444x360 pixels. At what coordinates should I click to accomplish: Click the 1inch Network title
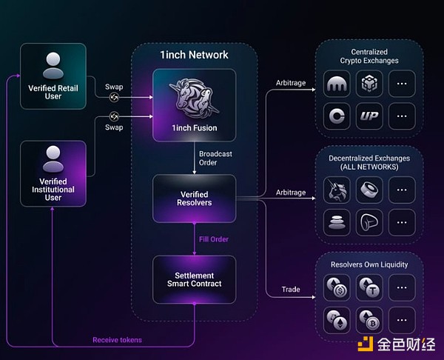pyautogui.click(x=194, y=55)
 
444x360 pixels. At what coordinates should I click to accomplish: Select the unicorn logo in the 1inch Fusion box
pyautogui.click(x=194, y=100)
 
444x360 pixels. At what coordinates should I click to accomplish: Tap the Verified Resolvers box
pyautogui.click(x=194, y=198)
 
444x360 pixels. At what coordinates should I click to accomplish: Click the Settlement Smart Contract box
pyautogui.click(x=194, y=279)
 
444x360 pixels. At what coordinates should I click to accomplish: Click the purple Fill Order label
pyautogui.click(x=213, y=239)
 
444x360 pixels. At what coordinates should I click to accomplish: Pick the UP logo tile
pyautogui.click(x=369, y=116)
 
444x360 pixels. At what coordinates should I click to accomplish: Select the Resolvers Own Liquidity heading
pyautogui.click(x=370, y=264)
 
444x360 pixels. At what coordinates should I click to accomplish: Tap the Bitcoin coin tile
pyautogui.click(x=369, y=319)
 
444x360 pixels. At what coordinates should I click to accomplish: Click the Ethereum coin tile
pyautogui.click(x=337, y=319)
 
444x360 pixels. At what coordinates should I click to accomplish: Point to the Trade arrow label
pyautogui.click(x=291, y=289)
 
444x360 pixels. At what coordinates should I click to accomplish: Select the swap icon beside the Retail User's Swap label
pyautogui.click(x=115, y=96)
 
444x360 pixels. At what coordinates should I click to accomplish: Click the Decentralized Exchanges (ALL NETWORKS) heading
pyautogui.click(x=370, y=163)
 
